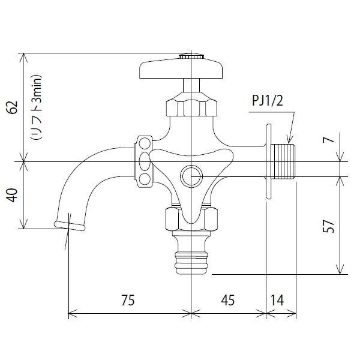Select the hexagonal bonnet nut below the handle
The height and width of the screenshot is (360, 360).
[191, 105]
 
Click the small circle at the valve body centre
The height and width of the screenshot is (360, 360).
[191, 176]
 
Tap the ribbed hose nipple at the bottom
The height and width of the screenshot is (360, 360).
[191, 262]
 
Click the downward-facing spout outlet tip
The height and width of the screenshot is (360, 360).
[68, 225]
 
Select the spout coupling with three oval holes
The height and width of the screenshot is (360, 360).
[144, 161]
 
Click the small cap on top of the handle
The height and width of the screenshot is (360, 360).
[191, 56]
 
